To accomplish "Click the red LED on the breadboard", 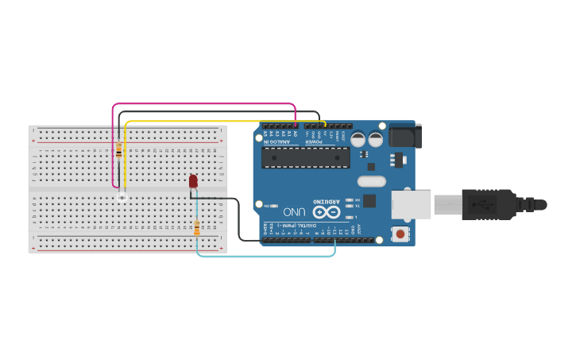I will [193, 182].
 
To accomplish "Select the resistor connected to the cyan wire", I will [197, 229].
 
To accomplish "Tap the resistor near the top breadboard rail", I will [119, 150].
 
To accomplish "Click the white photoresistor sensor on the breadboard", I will [122, 195].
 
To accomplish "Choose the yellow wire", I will [222, 122].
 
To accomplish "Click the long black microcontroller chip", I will [306, 157].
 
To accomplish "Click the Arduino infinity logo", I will [325, 212].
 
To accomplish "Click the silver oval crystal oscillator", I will [371, 181].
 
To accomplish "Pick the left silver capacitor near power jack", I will [359, 140].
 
